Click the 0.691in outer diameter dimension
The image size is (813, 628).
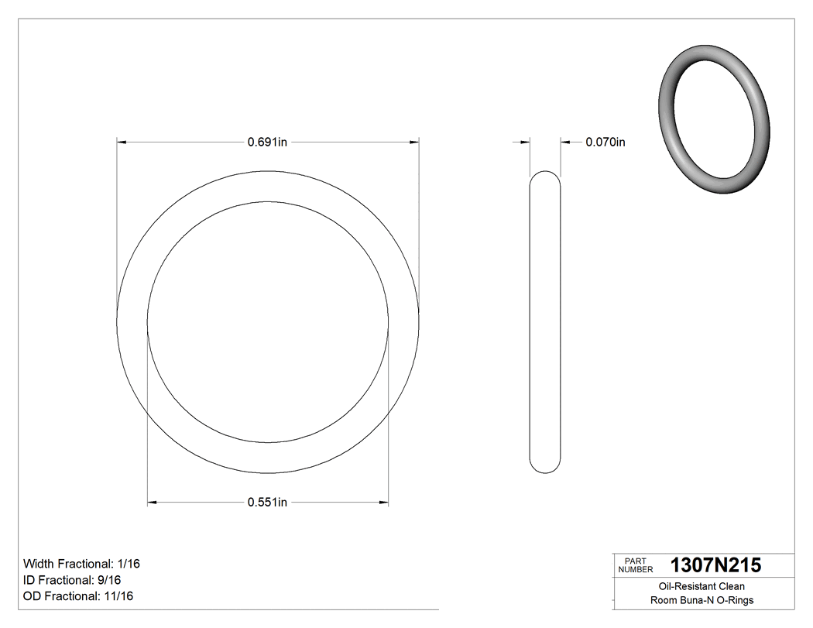click(x=267, y=142)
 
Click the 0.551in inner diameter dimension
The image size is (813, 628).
click(x=267, y=503)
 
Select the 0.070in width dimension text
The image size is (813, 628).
click(x=605, y=142)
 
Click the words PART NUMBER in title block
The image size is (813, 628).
click(x=636, y=565)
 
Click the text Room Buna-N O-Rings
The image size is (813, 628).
click(x=702, y=600)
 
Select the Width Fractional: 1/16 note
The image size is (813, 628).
click(x=81, y=564)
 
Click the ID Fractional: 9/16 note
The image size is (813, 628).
click(x=72, y=580)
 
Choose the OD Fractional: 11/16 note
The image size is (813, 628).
click(x=78, y=596)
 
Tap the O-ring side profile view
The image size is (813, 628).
click(x=545, y=321)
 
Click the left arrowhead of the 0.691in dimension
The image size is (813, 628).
click(x=122, y=142)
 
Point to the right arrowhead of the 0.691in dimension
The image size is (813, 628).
click(x=414, y=142)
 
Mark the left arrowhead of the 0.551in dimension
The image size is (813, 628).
click(x=152, y=503)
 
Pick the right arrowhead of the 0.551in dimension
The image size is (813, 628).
click(x=384, y=503)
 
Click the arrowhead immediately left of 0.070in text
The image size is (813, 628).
click(x=565, y=142)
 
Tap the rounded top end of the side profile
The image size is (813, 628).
click(x=545, y=176)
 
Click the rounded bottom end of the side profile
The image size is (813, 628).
click(x=545, y=468)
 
